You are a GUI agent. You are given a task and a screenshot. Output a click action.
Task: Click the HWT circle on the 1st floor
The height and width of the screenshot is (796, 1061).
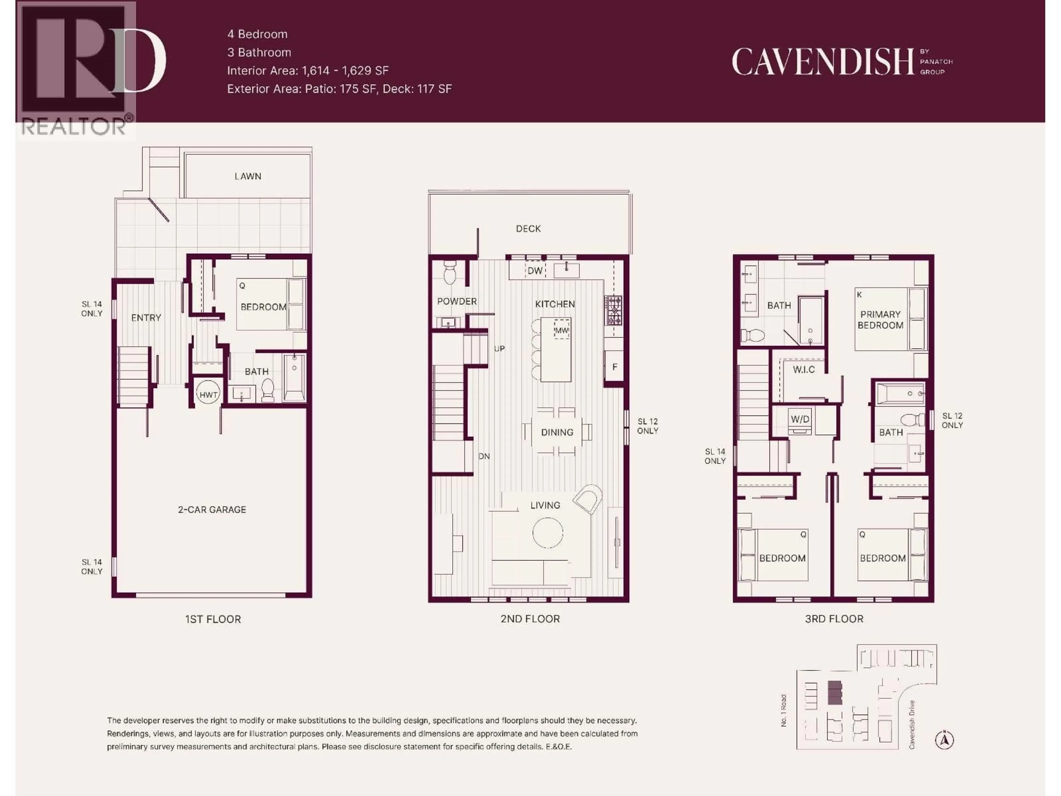pos(208,394)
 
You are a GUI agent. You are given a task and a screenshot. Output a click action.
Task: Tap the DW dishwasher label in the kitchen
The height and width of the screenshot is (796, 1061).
pos(535,271)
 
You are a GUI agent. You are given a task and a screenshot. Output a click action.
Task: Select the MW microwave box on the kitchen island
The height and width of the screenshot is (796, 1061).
pos(562,330)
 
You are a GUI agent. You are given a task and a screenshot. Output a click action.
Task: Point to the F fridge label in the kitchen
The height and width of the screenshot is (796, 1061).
pos(614,367)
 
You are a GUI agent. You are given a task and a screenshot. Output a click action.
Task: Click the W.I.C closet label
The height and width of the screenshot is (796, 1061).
pos(803,370)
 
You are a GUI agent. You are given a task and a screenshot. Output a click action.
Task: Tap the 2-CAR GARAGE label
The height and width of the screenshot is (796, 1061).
pos(212,510)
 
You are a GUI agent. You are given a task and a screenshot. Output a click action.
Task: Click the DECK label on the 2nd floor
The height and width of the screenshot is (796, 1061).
pos(528,229)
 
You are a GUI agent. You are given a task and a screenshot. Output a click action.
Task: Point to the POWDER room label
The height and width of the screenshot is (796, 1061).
pos(457,301)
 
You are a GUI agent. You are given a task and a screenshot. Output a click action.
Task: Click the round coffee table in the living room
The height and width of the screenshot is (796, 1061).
pos(547,533)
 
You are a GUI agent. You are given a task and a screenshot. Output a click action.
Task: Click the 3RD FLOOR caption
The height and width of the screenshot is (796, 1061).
pos(834,619)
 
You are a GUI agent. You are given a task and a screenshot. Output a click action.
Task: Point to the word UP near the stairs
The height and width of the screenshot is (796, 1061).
pos(499,349)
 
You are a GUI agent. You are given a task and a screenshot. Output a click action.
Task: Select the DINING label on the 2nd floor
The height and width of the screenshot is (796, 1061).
pos(557,432)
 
